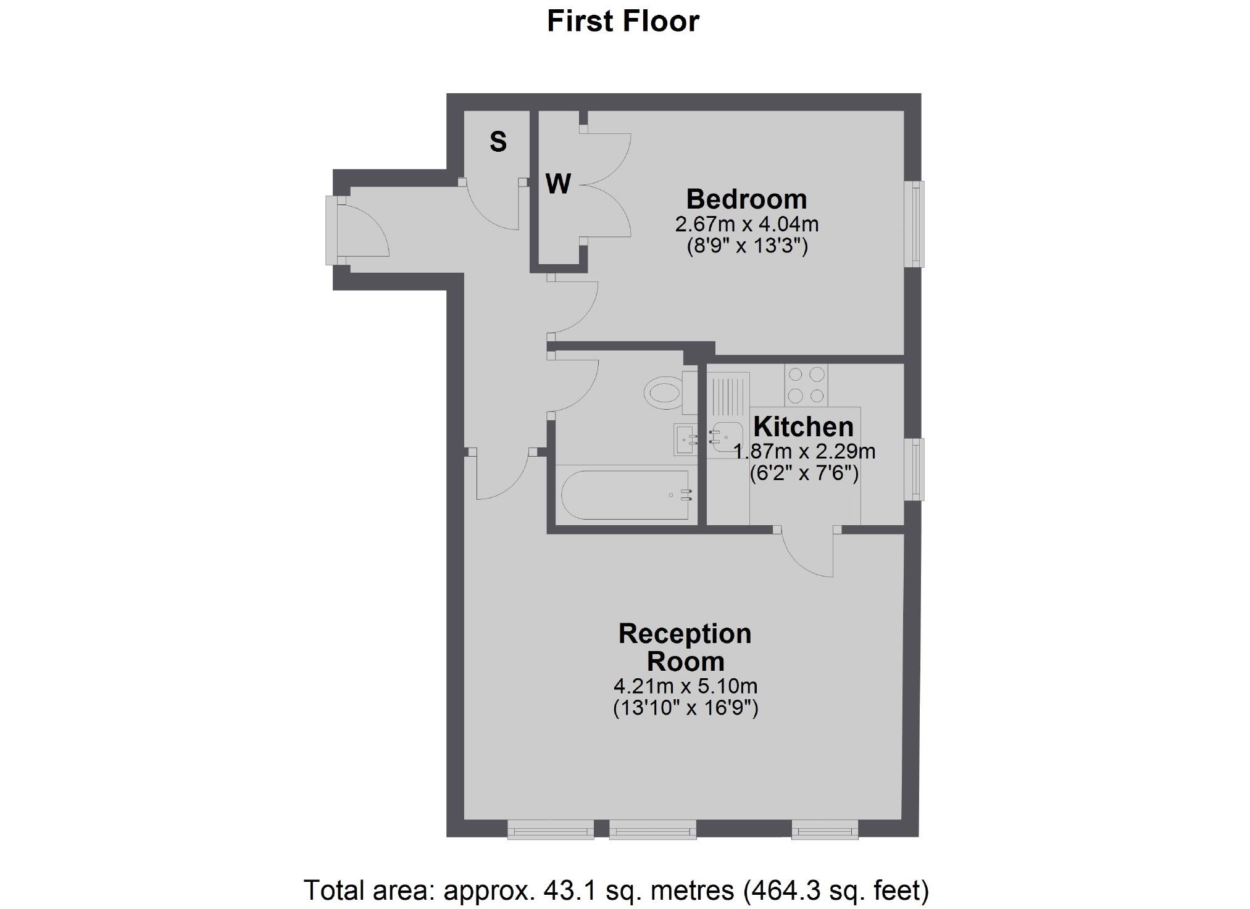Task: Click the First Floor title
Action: [622, 22]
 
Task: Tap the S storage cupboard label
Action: [498, 142]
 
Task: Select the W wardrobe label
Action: [557, 184]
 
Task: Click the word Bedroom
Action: [746, 199]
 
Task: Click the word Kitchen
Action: [803, 427]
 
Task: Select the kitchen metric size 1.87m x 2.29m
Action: [804, 451]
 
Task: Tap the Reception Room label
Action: [685, 647]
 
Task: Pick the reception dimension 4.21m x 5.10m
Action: [685, 686]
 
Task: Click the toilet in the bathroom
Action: [665, 392]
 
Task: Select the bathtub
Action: [625, 495]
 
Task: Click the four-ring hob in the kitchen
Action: [806, 384]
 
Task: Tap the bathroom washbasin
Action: [685, 439]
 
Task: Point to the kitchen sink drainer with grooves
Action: [728, 395]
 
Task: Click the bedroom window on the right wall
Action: [914, 223]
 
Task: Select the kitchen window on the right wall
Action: [914, 469]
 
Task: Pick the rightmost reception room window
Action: [825, 829]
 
